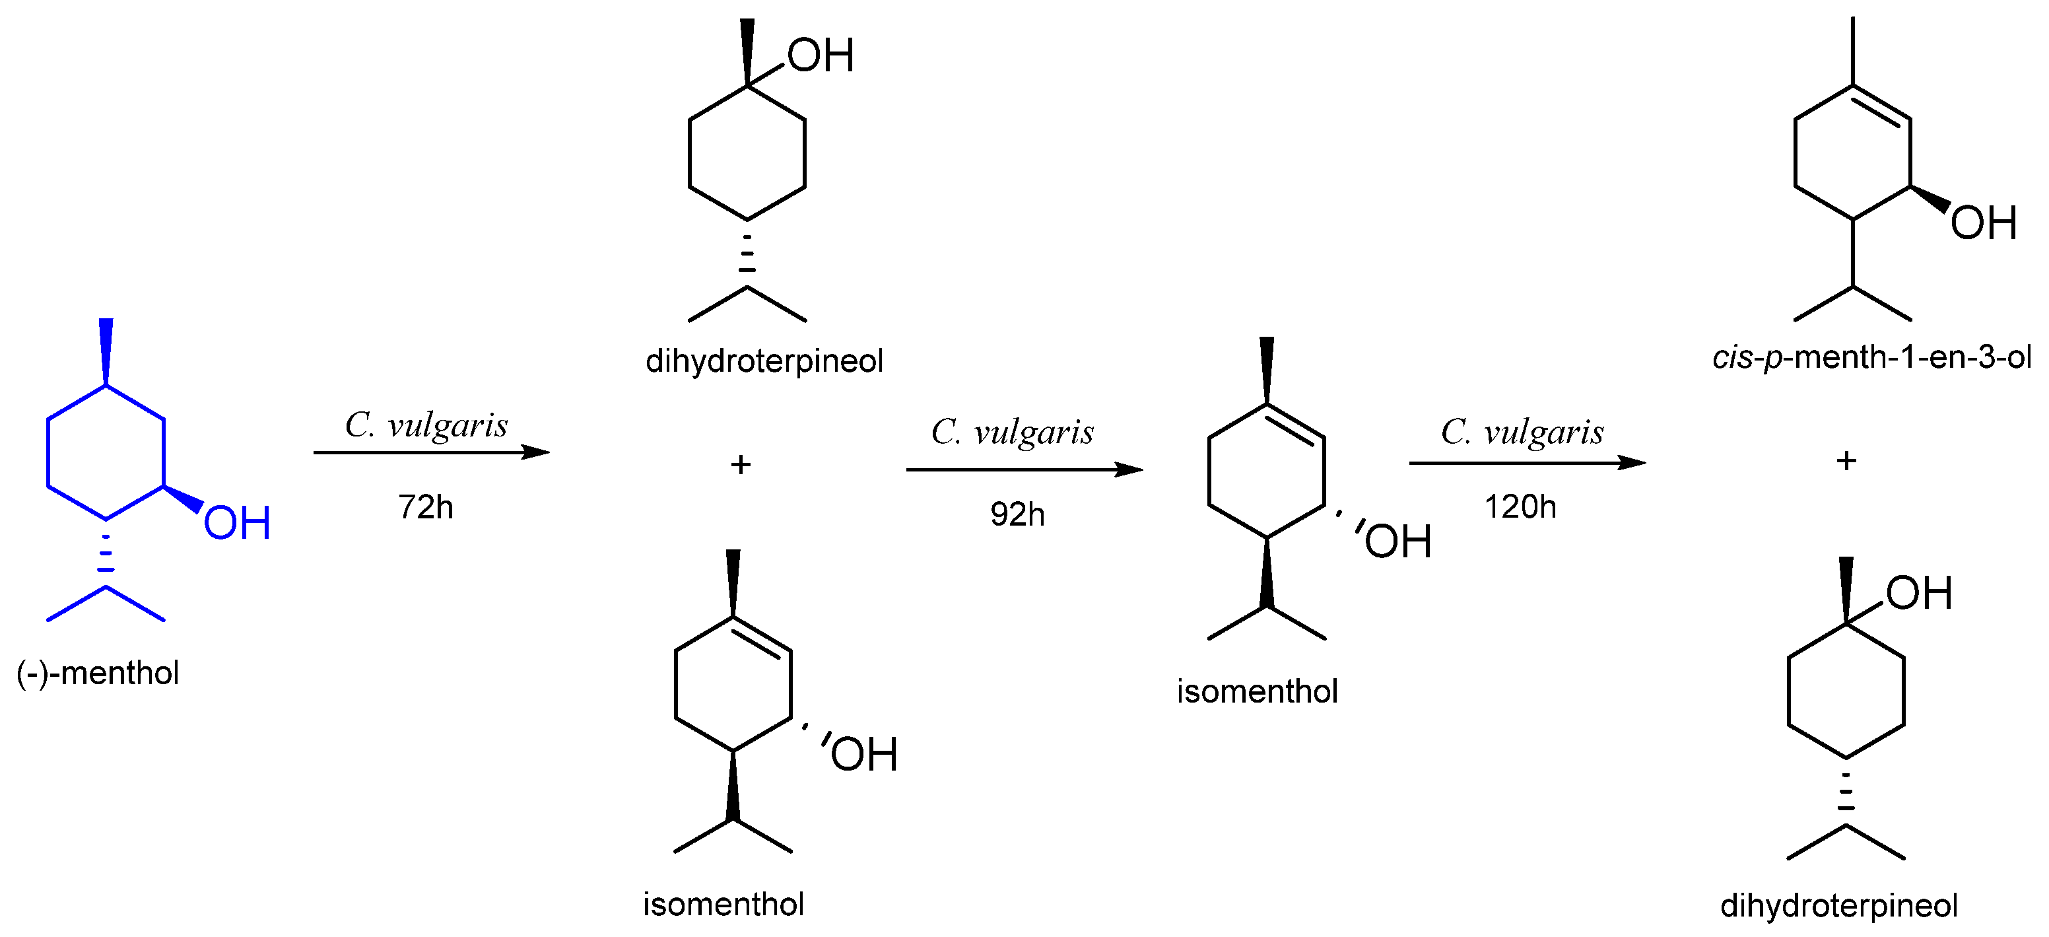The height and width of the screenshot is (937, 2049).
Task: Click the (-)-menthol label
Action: point(97,673)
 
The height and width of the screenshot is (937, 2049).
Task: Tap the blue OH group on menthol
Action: point(237,524)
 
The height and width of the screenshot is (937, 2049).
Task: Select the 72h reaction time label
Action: point(426,506)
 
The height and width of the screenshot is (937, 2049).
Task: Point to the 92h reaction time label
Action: point(1017,514)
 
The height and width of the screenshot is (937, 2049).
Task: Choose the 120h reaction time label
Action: point(1520,506)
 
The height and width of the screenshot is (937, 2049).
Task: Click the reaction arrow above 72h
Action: point(430,452)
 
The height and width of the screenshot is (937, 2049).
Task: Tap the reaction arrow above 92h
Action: point(1024,469)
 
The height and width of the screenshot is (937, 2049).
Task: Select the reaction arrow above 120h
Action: point(1526,462)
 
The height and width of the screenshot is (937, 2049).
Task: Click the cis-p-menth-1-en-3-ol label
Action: point(1871,357)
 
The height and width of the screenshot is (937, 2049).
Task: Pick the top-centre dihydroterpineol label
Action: point(764,361)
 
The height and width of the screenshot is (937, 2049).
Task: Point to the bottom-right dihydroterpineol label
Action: point(1838,905)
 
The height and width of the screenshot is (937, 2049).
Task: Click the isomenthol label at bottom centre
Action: point(723,905)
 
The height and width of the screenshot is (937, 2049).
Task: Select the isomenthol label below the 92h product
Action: point(1257,691)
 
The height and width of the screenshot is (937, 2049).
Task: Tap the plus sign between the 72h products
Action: point(741,464)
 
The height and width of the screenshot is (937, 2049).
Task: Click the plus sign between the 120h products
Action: point(1846,460)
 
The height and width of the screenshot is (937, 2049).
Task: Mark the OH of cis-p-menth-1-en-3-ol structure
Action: point(1984,223)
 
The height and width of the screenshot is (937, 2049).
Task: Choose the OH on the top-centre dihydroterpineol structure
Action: point(820,55)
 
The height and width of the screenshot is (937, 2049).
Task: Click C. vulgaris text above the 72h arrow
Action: point(426,425)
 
